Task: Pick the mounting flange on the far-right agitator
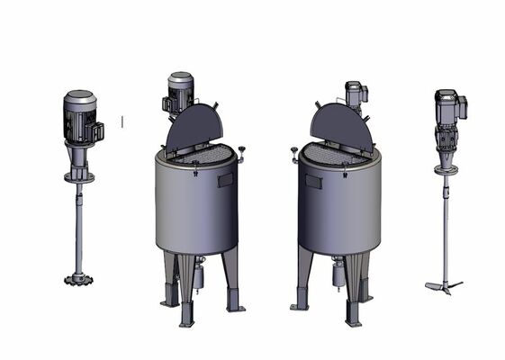pos(446,168)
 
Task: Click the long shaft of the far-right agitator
pos(445,225)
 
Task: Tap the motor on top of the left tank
pos(180,93)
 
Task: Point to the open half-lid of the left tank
pos(194,128)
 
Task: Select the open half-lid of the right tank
pos(341,128)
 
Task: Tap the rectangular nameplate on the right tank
pos(313,181)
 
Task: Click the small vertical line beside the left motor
pos(122,119)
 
